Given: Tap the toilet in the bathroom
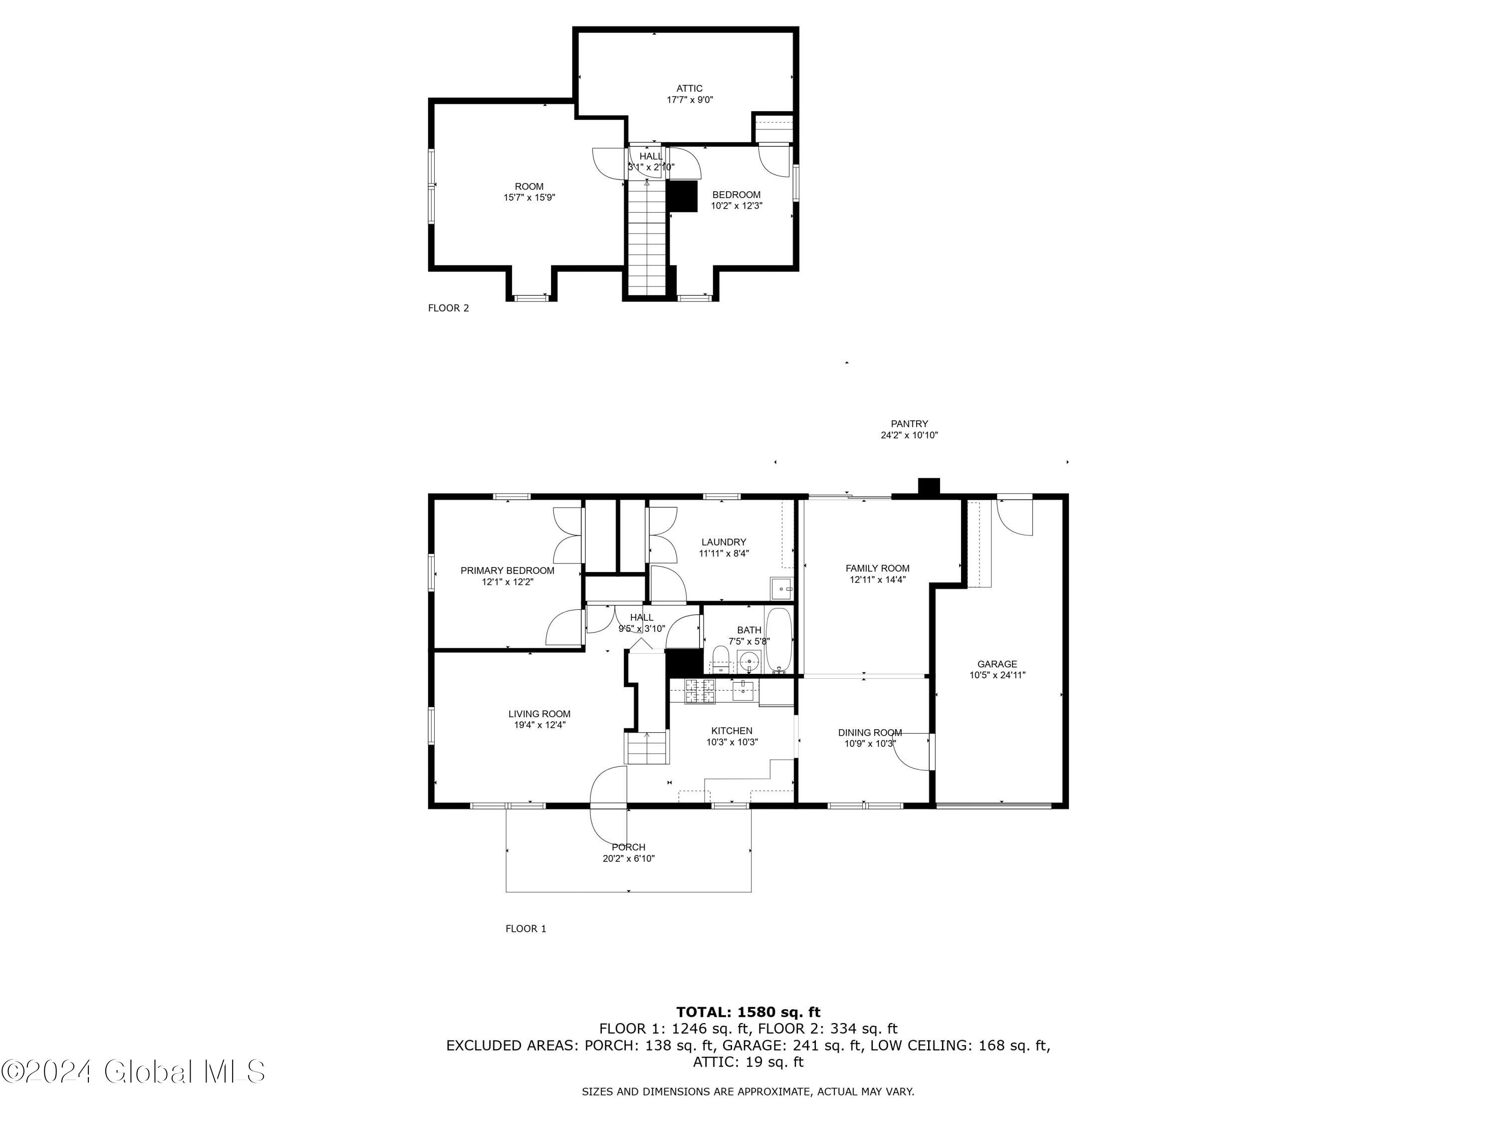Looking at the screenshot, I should [720, 658].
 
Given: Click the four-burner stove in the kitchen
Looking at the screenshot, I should [700, 692].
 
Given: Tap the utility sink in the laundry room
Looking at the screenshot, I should [781, 589].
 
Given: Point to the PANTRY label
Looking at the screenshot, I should [909, 424].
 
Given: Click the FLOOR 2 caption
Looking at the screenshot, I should [448, 308].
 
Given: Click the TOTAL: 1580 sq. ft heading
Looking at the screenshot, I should [748, 1013].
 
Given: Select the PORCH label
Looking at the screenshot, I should [628, 847].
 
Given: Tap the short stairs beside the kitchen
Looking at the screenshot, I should [646, 748].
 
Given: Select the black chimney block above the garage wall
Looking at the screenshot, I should [929, 487].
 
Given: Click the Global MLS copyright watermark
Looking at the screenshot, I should [133, 1072].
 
